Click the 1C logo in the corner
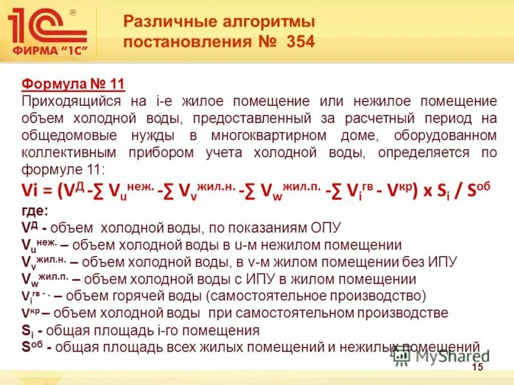tap(48, 26)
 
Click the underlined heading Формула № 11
tap(73, 84)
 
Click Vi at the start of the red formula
tap(32, 190)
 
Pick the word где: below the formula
tap(35, 211)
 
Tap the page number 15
tap(477, 366)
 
